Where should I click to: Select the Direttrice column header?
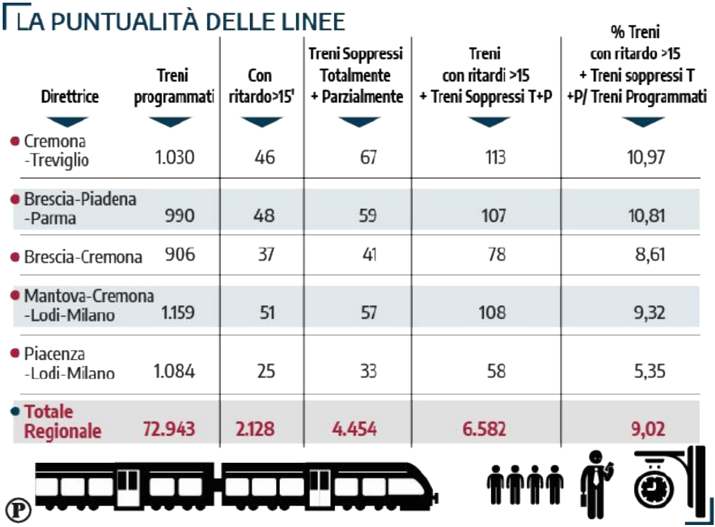pos(69,96)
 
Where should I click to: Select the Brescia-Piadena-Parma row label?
pos(80,208)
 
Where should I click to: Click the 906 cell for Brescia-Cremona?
pos(178,255)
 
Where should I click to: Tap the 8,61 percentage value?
pos(648,255)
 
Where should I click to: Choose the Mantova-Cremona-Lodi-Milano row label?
pos(88,305)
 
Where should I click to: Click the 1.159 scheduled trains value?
pos(177,312)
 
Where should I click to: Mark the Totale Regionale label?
pos(62,421)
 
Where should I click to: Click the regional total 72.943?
pos(168,428)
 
